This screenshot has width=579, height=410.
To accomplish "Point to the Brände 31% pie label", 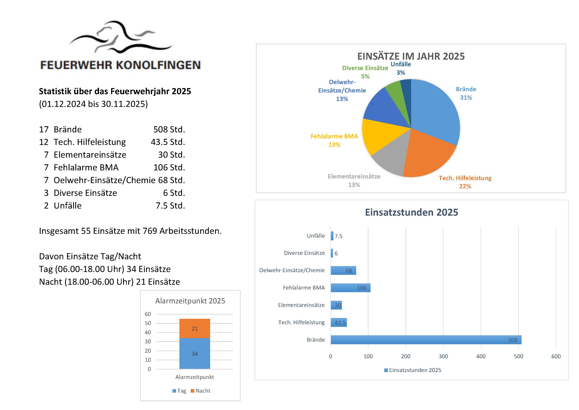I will (466, 93).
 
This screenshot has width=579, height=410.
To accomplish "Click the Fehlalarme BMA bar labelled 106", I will (351, 288).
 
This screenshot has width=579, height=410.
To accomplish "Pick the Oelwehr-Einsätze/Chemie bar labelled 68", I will (343, 270).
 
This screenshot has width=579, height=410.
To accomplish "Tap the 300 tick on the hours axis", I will (443, 356).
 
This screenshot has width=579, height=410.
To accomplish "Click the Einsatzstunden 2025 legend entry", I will (413, 370).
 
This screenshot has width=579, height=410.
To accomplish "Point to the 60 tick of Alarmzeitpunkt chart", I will (148, 314).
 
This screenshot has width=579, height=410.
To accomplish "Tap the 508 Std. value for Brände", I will (169, 130).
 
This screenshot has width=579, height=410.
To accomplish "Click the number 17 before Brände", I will (44, 130).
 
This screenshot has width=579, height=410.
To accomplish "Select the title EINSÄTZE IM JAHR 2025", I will (411, 56).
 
